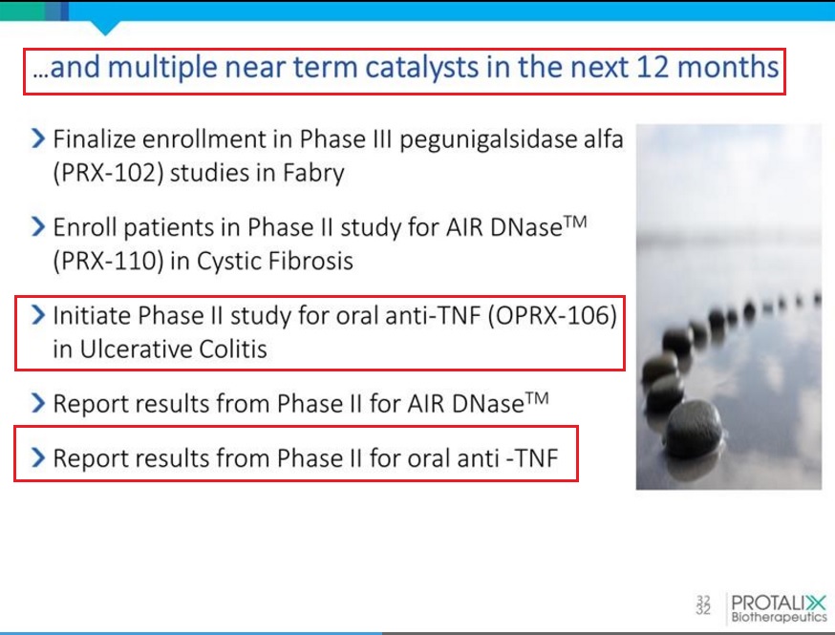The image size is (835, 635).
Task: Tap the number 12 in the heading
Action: [x=653, y=67]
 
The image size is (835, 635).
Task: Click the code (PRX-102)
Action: [x=109, y=173]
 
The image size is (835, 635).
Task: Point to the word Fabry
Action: [x=313, y=174]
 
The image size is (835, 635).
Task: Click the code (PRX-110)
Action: [x=109, y=261]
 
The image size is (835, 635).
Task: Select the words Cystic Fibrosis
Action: [x=275, y=261]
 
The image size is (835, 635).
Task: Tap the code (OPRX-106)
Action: [x=552, y=316]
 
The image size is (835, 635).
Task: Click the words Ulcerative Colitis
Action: [x=173, y=349]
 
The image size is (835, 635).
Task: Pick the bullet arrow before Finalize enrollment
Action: [x=38, y=138]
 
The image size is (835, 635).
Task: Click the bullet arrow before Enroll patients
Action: [x=38, y=226]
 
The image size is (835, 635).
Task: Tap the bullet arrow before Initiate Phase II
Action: [x=38, y=315]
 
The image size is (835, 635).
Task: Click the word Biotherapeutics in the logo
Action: [x=779, y=618]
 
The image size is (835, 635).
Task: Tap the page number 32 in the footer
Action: [x=703, y=604]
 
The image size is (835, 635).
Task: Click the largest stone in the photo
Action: [x=695, y=428]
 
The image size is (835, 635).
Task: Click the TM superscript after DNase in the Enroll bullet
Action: [x=575, y=222]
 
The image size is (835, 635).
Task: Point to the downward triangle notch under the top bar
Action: [x=105, y=28]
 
